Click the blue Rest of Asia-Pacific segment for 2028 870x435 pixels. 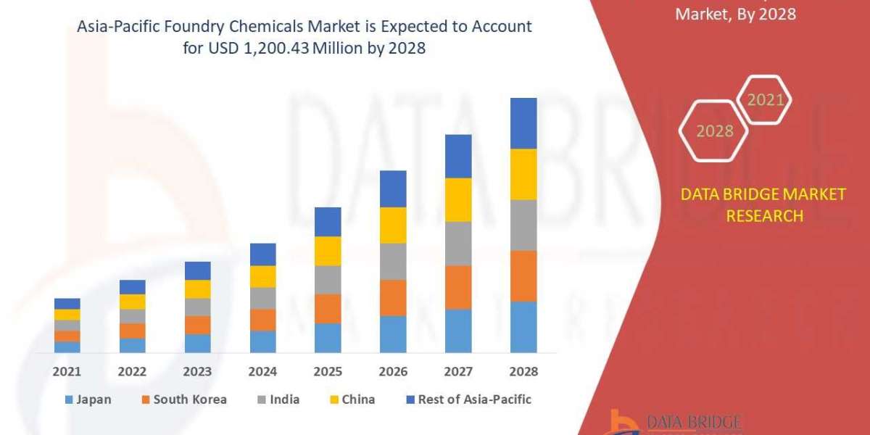(523, 123)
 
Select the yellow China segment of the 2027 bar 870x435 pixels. (458, 199)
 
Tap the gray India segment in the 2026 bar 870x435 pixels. (393, 261)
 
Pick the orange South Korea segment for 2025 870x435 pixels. (328, 308)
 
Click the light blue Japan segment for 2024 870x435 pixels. (262, 341)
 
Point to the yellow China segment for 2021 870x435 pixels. (67, 315)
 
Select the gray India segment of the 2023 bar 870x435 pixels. (197, 307)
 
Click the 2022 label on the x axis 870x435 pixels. (133, 372)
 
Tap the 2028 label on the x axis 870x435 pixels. (523, 372)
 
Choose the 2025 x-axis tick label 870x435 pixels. (328, 372)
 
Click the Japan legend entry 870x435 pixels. (88, 399)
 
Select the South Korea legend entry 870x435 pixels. (183, 399)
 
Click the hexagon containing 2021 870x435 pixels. (765, 99)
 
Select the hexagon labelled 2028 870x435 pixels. (715, 131)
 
